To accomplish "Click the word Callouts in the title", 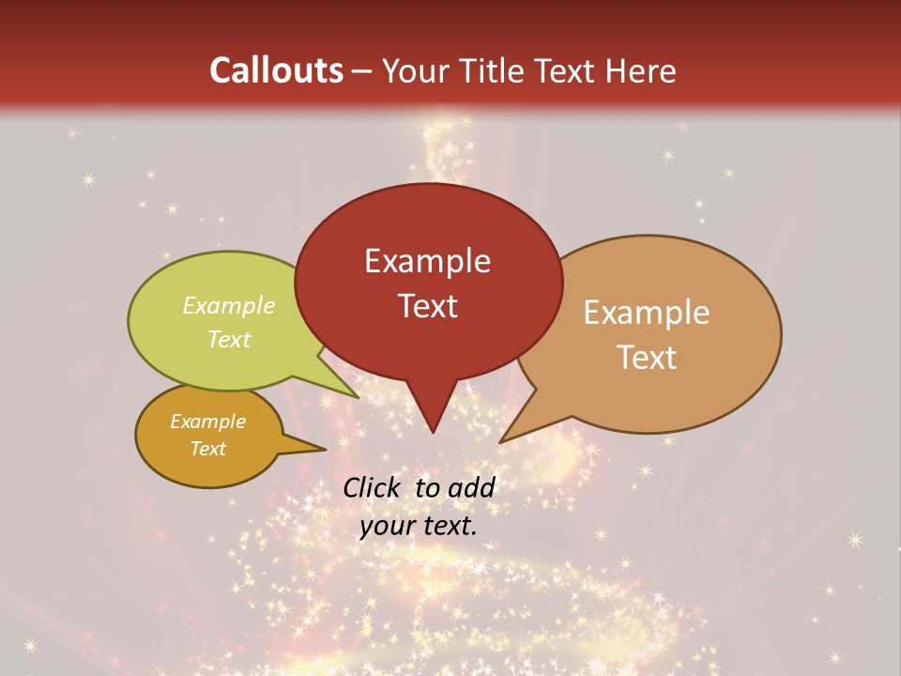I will [x=276, y=70].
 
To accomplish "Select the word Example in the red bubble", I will [x=427, y=261].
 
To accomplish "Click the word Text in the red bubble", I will [x=427, y=306].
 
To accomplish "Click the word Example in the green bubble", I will [x=229, y=306].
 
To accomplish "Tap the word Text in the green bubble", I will [x=229, y=339].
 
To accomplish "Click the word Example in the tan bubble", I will [x=647, y=313].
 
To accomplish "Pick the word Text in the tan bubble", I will [x=647, y=358].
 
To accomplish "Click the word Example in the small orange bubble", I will [x=207, y=422].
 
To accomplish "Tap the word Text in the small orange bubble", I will [x=207, y=449].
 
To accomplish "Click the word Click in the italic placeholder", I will [x=373, y=487].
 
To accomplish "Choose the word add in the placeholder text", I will [x=470, y=487].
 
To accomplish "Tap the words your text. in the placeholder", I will [x=419, y=527].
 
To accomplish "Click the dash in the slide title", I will [x=363, y=71].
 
